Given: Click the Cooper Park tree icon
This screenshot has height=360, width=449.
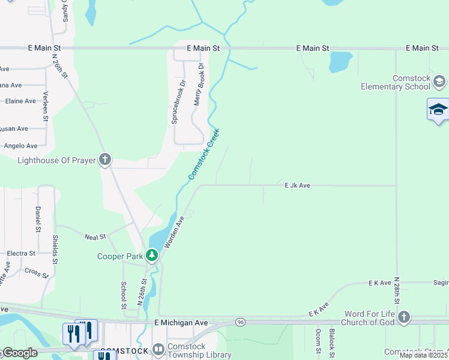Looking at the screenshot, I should coord(152,256).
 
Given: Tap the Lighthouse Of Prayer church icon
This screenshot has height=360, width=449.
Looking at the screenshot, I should coord(105,160).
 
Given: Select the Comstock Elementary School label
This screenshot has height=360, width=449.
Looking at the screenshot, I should coord(395,82).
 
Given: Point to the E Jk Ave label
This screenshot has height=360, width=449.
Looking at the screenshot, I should coord(297,186).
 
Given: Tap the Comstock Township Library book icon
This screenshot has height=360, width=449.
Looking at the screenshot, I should coord(158,349).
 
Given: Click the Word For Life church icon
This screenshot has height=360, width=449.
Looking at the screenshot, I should coord(404,317).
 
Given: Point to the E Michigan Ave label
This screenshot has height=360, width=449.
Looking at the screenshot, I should coord(181,323).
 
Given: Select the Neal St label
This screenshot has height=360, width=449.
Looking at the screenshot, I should coord(95,237).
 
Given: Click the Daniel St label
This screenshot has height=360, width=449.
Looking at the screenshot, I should coord(38,220).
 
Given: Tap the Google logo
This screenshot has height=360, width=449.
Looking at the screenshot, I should coord(19,353).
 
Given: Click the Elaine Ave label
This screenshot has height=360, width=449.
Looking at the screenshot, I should coord(20,101).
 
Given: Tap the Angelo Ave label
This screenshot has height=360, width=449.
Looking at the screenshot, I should coord(20,146).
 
